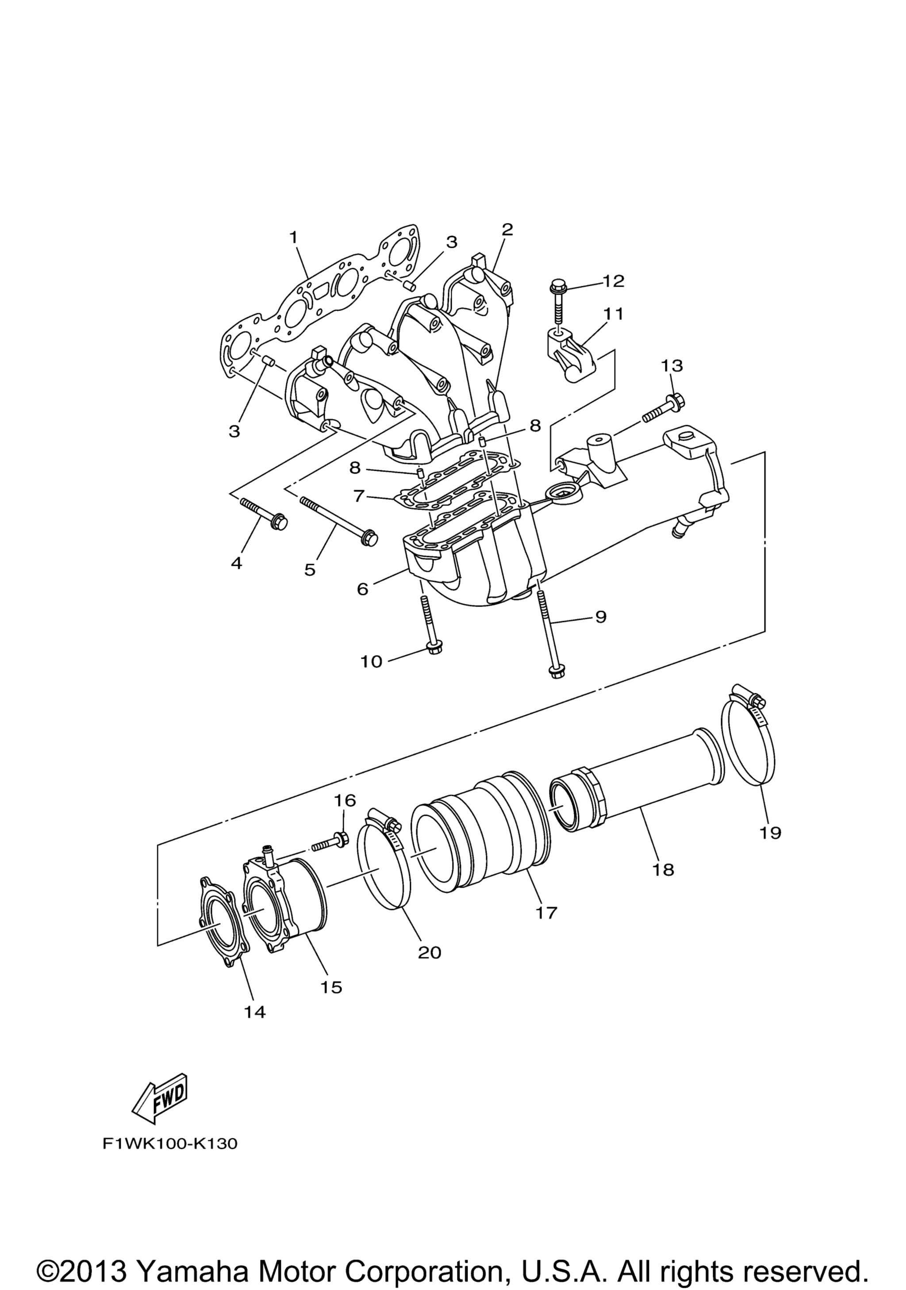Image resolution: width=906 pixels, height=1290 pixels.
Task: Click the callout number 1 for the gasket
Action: (x=293, y=238)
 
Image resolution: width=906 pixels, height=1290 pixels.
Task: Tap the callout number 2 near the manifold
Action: (x=507, y=229)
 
